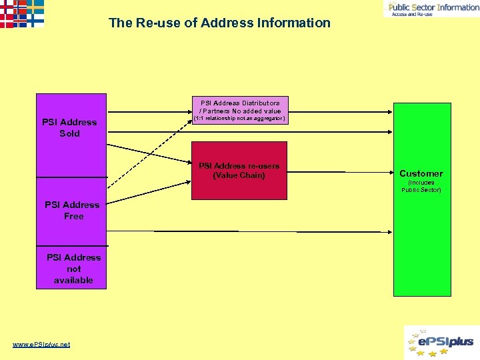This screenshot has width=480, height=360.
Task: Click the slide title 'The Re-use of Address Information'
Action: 219,23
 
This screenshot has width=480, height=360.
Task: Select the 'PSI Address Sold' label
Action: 69,127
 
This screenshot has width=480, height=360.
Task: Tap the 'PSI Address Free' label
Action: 72,210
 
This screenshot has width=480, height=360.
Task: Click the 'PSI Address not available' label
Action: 73,269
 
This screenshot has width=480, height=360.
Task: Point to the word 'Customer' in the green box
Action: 421,173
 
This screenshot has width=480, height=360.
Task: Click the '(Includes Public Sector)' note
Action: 421,186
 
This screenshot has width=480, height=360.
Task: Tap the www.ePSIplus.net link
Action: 41,344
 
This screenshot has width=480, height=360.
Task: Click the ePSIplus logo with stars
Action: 441,342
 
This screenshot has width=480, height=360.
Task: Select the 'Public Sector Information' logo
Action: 431,9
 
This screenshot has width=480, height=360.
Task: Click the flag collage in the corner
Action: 22,13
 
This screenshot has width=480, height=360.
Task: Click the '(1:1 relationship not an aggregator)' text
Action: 239,119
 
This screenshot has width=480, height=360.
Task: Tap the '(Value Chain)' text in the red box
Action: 239,175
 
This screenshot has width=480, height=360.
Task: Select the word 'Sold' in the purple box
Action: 69,133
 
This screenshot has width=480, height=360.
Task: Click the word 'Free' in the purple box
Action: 74,216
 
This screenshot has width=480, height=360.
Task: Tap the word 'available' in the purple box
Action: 73,280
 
